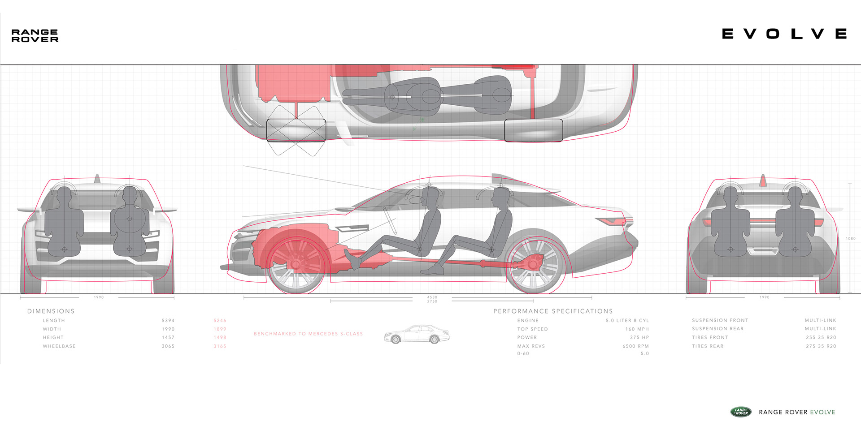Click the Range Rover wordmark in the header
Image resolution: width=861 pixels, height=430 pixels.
[35, 36]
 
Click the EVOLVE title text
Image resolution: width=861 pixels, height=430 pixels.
[784, 34]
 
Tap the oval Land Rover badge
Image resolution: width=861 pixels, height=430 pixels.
[741, 412]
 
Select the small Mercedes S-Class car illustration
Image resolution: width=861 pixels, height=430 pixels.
[417, 335]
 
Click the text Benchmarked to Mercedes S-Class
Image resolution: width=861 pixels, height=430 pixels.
[308, 334]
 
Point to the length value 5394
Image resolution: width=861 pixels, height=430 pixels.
[168, 321]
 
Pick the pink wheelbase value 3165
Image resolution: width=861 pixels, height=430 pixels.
[220, 346]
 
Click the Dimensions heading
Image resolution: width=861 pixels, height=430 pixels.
[51, 311]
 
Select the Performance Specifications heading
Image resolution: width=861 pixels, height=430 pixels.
[553, 311]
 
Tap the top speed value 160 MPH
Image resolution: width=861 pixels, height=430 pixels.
[637, 329]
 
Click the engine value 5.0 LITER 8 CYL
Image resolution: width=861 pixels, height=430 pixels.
[627, 321]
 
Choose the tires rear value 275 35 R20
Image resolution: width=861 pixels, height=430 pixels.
[821, 346]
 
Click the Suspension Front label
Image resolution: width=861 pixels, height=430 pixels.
[720, 321]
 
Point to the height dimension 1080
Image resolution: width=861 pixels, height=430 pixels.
[851, 239]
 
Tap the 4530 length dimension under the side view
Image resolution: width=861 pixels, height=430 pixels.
[432, 297]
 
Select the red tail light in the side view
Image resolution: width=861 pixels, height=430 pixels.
[613, 221]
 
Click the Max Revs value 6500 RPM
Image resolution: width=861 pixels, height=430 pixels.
[635, 346]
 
